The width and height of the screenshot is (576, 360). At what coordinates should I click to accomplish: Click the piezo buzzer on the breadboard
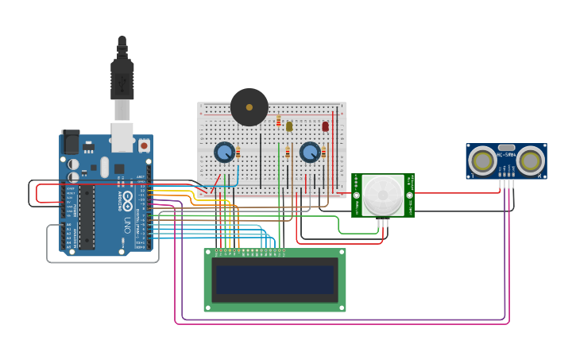coord(249,106)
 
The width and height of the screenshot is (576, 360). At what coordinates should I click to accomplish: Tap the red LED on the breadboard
coord(325,126)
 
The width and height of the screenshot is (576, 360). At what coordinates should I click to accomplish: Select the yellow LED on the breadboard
coord(289,126)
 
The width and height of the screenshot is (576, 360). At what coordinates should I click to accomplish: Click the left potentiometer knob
coord(224,151)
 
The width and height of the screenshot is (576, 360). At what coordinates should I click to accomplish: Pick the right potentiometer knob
coord(309,151)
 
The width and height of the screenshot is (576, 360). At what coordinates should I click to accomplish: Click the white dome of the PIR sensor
coord(383,194)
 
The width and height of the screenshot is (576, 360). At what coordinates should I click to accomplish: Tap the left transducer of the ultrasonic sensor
coord(482,161)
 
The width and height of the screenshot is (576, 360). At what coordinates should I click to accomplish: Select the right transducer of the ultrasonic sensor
coord(530,161)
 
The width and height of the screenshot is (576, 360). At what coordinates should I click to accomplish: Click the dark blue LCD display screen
coord(275,280)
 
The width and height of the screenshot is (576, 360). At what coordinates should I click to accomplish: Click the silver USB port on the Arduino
coord(122,136)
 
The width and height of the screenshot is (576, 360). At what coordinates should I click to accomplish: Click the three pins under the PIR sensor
coord(383,223)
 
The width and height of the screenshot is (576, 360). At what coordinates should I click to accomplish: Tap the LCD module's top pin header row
coord(250,253)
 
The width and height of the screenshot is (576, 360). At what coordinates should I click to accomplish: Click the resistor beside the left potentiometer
coord(238,152)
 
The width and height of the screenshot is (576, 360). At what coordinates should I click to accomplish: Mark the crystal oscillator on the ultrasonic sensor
coord(506,148)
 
